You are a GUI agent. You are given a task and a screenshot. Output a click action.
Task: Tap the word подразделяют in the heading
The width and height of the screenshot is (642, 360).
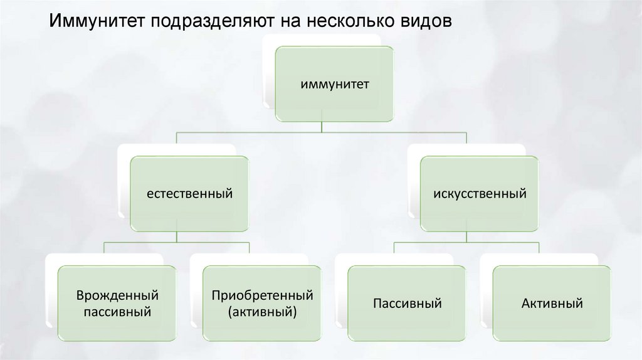(x=209, y=21)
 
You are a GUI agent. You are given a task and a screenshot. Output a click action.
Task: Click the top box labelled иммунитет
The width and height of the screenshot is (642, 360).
(x=334, y=83)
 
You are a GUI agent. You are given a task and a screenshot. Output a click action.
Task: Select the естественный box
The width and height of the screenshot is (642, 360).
(x=190, y=194)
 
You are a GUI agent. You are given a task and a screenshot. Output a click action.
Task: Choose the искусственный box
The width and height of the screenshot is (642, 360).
(x=479, y=194)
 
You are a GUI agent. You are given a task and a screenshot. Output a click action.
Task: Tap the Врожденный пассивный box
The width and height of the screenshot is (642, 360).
(x=117, y=304)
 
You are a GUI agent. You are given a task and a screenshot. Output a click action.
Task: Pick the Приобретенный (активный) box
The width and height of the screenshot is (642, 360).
(x=262, y=304)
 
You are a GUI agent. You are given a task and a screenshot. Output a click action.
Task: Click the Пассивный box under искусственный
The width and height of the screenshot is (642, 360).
(x=407, y=304)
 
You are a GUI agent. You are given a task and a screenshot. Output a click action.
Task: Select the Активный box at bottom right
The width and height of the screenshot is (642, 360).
(x=552, y=304)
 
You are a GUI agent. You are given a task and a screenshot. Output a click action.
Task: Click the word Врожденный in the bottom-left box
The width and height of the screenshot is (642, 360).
(x=117, y=295)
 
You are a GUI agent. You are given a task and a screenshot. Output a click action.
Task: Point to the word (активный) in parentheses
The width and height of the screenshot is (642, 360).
(x=262, y=311)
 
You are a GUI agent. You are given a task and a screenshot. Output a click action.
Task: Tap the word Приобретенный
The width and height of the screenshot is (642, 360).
(x=262, y=295)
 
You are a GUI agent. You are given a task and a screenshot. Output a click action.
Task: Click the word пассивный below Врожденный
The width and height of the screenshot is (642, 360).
(x=117, y=311)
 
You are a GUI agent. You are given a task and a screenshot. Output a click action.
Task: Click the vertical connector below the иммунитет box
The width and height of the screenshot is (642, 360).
(x=322, y=126)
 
